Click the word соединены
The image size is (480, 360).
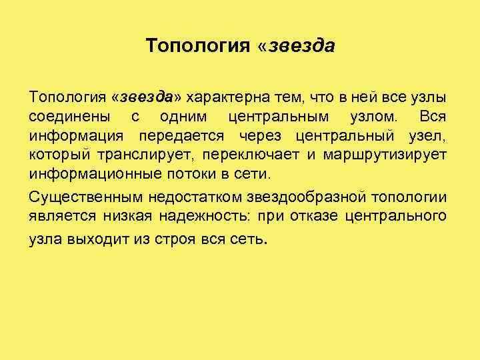click(69, 117)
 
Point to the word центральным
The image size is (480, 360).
click(278, 117)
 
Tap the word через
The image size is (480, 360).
click(260, 137)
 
